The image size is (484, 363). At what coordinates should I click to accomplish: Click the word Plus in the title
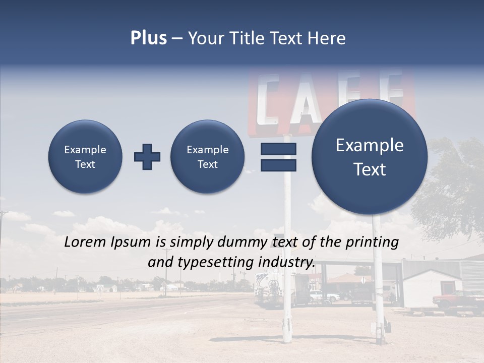pyautogui.click(x=148, y=38)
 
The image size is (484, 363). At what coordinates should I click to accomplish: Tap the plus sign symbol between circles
pyautogui.click(x=147, y=157)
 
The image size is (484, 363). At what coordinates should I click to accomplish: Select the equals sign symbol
pyautogui.click(x=278, y=157)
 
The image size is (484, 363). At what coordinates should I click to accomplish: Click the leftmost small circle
pyautogui.click(x=85, y=157)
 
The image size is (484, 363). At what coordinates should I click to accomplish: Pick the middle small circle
pyautogui.click(x=208, y=157)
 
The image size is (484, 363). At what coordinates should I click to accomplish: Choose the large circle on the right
pyautogui.click(x=370, y=157)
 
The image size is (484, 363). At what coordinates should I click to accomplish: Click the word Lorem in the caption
pyautogui.click(x=85, y=242)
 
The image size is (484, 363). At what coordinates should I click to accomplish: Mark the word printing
pyautogui.click(x=372, y=242)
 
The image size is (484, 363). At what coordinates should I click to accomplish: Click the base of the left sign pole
pyautogui.click(x=287, y=333)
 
